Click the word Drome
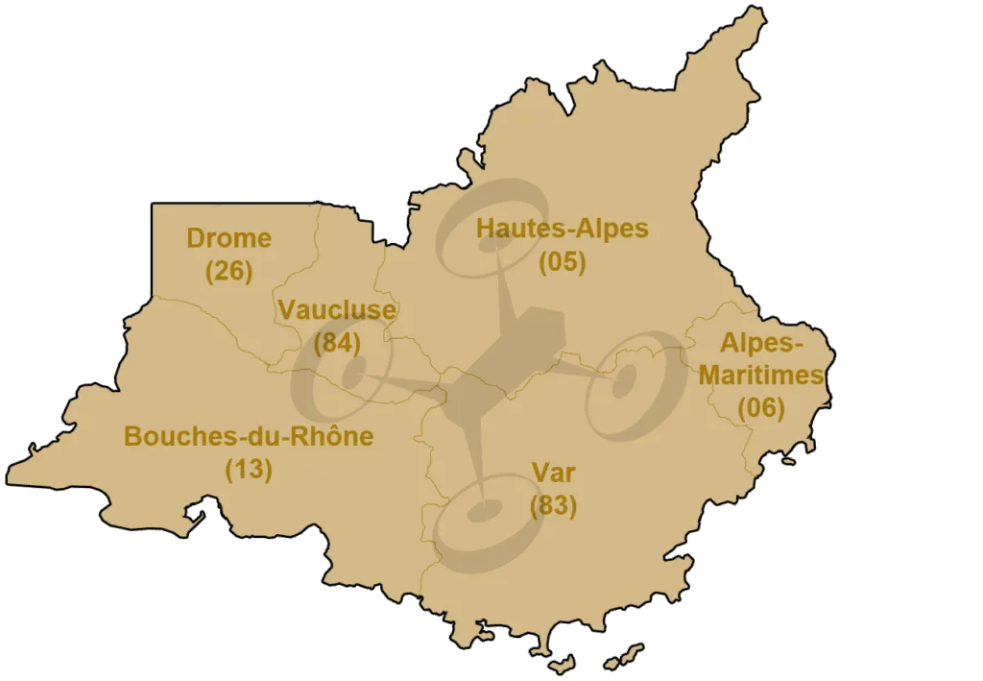point(228,238)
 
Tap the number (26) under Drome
point(228,271)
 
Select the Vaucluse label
point(337,309)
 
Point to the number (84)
point(337,342)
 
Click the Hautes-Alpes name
point(563,229)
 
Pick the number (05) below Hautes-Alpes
point(563,261)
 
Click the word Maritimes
point(761,375)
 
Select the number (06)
point(761,408)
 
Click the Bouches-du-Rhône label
point(249,437)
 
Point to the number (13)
point(249,470)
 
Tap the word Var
point(553,472)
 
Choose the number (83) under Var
point(553,504)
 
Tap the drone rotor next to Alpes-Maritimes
point(631,384)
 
